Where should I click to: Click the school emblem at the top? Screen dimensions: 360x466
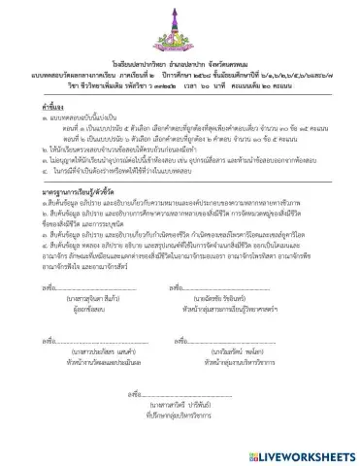179,21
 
